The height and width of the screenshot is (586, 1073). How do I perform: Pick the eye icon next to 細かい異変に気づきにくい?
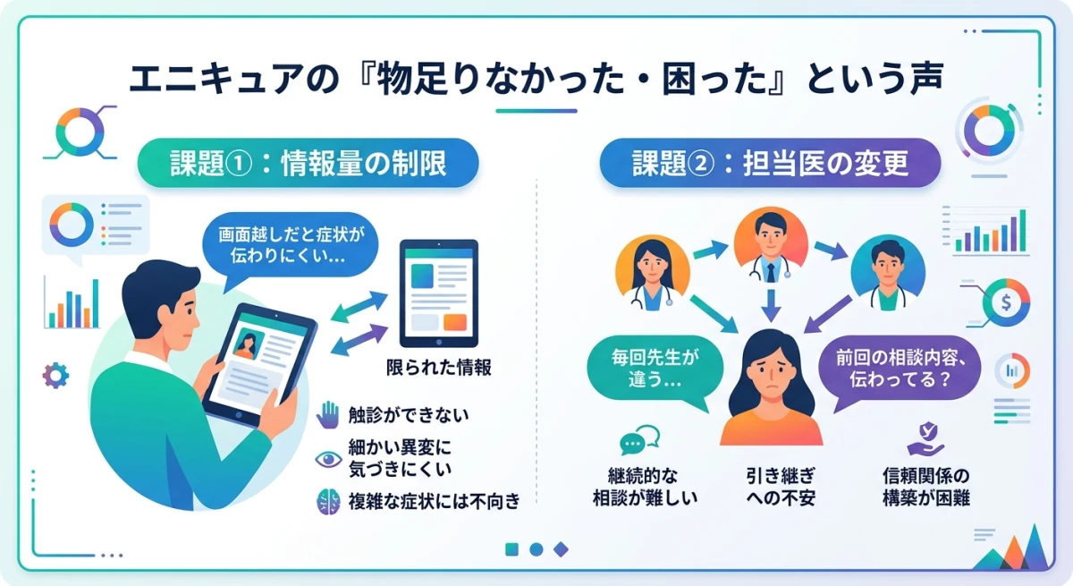[329, 459]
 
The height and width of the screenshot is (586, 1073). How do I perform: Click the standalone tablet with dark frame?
[438, 292]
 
